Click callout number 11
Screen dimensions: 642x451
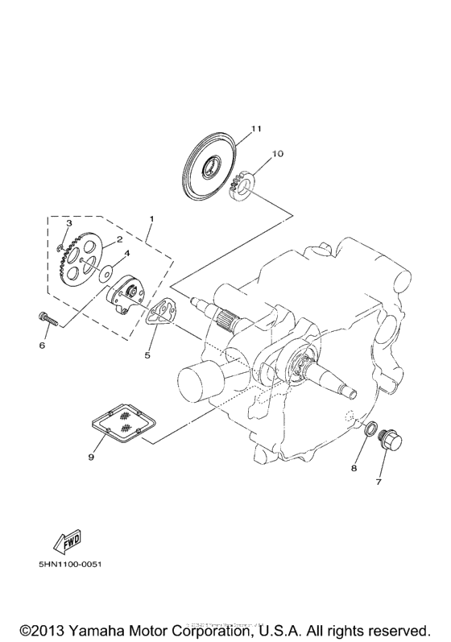255,128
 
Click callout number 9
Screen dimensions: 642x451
91,457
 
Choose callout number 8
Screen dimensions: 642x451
352,467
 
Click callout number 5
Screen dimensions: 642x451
147,354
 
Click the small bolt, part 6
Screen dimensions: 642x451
48,319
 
